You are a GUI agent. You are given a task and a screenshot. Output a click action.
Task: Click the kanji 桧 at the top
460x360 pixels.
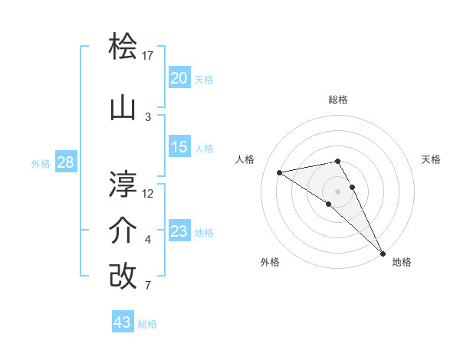[x=123, y=47]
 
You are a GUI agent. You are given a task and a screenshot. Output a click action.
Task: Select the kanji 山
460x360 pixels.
[x=123, y=109]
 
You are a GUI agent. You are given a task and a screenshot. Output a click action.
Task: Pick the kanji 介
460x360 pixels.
[x=123, y=231]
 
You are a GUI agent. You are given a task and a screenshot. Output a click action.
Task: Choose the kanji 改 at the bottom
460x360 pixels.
[x=123, y=277]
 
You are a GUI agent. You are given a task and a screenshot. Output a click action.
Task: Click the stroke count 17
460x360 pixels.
[x=148, y=56]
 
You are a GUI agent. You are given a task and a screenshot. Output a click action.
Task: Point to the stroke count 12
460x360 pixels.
[x=148, y=193]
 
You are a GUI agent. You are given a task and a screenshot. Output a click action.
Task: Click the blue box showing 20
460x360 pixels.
[x=179, y=77]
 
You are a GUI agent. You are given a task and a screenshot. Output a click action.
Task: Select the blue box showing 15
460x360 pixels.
[x=179, y=147]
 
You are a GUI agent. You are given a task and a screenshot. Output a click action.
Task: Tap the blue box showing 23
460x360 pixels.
[x=179, y=231]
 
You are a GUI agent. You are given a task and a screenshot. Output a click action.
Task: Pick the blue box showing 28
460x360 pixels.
[x=65, y=162]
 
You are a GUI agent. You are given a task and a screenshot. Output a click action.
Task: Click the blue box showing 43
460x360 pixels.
[x=123, y=322]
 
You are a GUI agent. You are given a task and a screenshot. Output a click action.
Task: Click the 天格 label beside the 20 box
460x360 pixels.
[x=204, y=79]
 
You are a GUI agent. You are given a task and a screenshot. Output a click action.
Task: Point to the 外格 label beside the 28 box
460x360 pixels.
[x=41, y=163]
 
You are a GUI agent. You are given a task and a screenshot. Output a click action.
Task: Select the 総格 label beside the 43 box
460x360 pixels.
[x=148, y=324]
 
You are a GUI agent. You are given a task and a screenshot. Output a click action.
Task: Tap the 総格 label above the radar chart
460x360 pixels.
[x=337, y=100]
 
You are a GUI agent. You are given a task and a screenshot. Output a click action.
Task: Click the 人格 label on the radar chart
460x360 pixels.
[x=245, y=159]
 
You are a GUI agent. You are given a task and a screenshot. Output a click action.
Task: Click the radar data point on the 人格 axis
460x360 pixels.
[x=280, y=172]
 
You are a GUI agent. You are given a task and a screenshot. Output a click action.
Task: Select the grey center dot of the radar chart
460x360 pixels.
[x=337, y=191]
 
